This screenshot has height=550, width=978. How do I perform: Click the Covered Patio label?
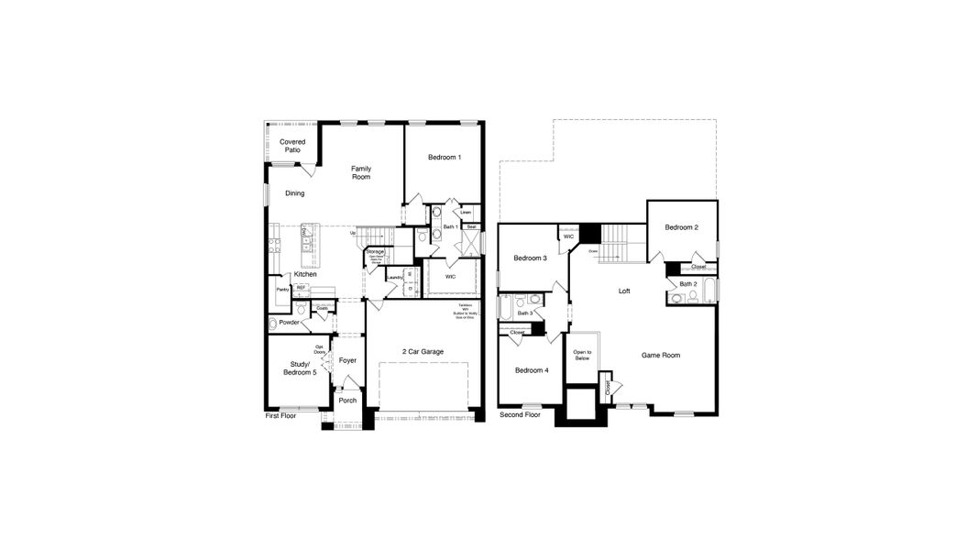click(x=292, y=146)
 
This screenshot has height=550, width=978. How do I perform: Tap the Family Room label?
click(x=360, y=172)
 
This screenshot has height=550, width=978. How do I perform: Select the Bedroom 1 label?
click(x=445, y=158)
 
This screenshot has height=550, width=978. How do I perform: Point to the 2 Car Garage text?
click(x=423, y=351)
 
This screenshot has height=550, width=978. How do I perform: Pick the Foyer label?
click(x=347, y=360)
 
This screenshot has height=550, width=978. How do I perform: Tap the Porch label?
click(x=347, y=401)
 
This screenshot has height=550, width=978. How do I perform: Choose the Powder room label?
click(x=289, y=323)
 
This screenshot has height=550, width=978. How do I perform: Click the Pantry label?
click(x=282, y=290)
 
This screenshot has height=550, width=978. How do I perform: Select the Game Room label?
click(x=660, y=355)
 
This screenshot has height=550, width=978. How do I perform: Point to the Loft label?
click(x=624, y=291)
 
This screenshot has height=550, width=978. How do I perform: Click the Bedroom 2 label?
click(x=682, y=227)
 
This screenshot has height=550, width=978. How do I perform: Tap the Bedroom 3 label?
click(x=530, y=258)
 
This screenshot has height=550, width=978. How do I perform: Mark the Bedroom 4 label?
click(x=532, y=370)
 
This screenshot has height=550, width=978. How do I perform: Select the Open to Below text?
click(x=582, y=356)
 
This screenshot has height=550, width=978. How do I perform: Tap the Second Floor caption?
click(x=520, y=415)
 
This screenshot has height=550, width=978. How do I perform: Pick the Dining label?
click(x=294, y=193)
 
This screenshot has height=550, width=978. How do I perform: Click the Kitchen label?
click(x=305, y=274)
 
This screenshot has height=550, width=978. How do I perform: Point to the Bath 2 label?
click(x=688, y=284)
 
